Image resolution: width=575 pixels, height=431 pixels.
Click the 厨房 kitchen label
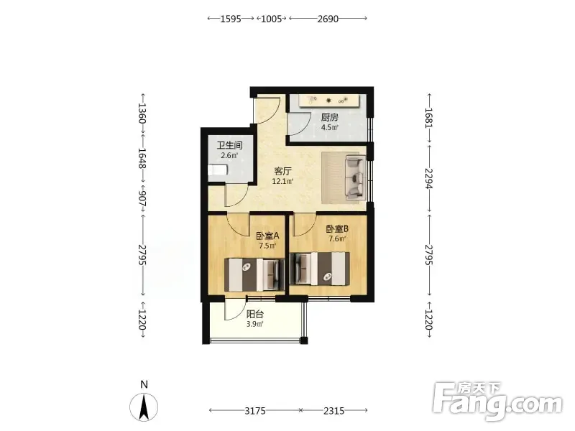pos(329,117)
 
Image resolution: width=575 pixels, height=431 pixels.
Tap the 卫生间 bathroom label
pos(229,145)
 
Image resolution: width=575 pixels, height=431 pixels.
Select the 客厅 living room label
pos(282,171)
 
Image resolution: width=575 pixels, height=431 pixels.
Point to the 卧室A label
pos(267,236)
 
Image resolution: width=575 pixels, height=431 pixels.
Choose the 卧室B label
pos(337,229)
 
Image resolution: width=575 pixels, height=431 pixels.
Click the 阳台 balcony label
pos(255,314)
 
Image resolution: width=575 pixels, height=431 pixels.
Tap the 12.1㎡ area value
pos(282,181)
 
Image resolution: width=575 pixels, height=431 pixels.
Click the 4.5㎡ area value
pos(329,127)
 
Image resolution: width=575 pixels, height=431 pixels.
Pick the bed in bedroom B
pos(320,269)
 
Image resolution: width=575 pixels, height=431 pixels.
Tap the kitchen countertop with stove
pos(328,101)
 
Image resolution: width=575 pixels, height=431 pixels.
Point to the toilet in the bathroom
pos(218,170)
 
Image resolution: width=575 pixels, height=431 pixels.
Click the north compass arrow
pos(144,407)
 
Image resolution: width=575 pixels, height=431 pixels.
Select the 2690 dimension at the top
pos(328,19)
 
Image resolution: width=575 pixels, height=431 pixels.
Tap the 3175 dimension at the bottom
pos(255,411)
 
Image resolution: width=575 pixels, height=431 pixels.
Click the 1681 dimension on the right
pos(428,118)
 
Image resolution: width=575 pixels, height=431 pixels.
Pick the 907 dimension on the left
pos(142,198)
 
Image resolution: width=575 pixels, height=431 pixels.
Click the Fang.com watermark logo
pos(497,402)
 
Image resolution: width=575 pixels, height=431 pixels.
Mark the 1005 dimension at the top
pos(272,19)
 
